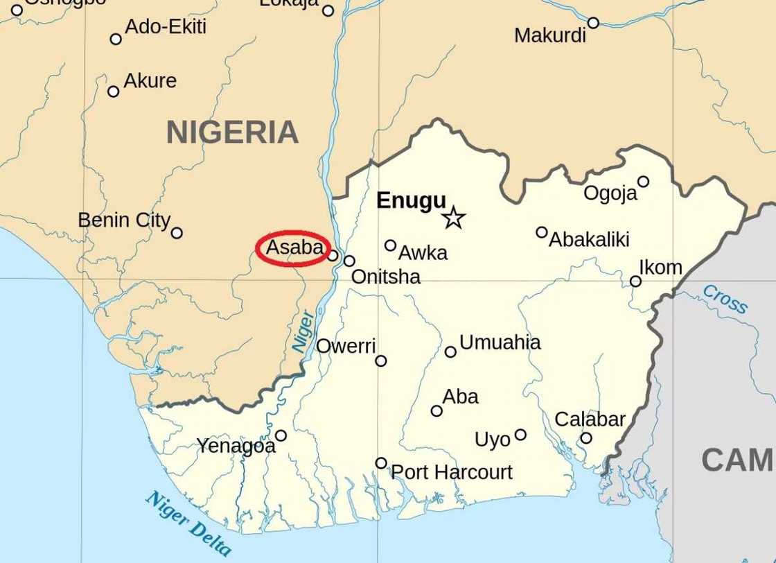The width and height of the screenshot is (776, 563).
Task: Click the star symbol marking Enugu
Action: click(453, 218)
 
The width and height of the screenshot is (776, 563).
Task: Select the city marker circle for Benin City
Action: click(177, 233)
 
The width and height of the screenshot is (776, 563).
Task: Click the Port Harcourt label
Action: click(452, 472)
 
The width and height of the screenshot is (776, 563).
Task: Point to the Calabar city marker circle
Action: click(586, 438)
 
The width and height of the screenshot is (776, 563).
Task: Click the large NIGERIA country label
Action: click(232, 132)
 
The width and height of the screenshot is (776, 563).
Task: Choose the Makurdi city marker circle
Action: click(593, 23)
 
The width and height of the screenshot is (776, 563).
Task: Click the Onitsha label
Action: click(385, 277)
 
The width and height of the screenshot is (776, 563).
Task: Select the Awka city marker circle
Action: click(390, 245)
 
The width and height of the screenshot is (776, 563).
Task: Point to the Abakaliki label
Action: click(589, 240)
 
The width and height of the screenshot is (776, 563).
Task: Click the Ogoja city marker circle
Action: click(643, 182)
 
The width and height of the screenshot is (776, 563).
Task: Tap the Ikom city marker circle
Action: click(635, 281)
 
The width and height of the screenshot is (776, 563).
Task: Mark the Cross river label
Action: click(725, 300)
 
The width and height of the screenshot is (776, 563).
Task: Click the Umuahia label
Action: click(500, 343)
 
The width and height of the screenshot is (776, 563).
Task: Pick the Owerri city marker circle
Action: click(380, 361)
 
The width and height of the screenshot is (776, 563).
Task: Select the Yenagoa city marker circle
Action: click(281, 435)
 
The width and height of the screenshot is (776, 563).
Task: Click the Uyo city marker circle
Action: click(520, 435)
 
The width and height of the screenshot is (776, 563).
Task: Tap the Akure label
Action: click(150, 81)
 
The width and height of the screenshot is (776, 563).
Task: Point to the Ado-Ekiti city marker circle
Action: click(116, 39)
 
